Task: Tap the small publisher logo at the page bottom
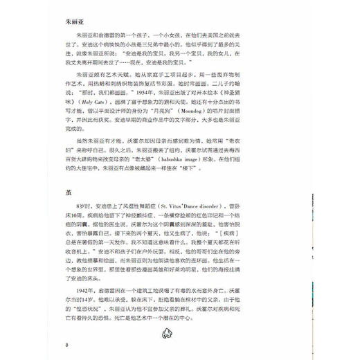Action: tap(180, 334)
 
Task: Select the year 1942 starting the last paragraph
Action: tap(82, 300)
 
